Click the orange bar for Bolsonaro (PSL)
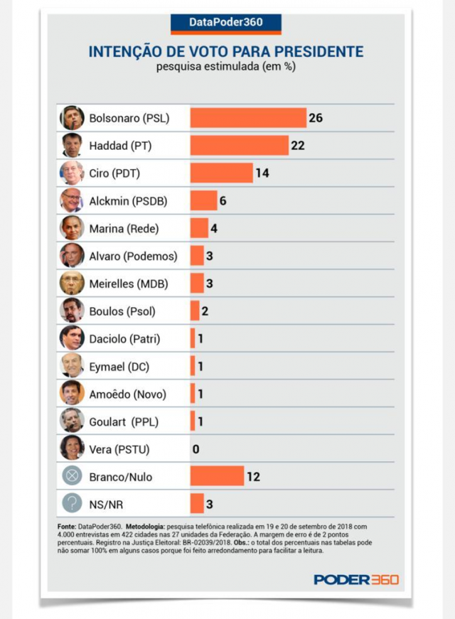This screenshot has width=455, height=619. click(x=247, y=117)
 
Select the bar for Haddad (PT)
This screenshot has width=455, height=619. click(x=239, y=145)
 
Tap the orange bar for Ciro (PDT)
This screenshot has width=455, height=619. click(x=221, y=173)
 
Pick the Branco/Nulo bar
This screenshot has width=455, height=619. click(x=217, y=476)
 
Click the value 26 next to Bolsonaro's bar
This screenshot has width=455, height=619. click(x=316, y=117)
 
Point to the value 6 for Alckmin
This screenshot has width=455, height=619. click(x=223, y=200)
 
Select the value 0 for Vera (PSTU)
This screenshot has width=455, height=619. click(x=196, y=449)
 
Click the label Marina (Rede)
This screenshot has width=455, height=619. click(x=124, y=228)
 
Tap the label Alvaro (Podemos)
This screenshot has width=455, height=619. click(x=133, y=256)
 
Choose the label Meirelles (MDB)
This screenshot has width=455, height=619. click(x=129, y=284)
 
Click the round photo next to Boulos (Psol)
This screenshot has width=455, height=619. click(x=72, y=311)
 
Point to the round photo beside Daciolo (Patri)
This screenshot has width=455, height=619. click(x=72, y=338)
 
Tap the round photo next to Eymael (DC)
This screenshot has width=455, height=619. click(x=72, y=366)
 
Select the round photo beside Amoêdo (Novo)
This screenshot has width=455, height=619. click(x=72, y=393)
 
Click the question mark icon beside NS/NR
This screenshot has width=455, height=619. click(x=72, y=504)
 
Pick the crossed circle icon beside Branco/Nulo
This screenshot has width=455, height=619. click(x=72, y=476)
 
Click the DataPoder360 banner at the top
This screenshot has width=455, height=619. click(x=226, y=22)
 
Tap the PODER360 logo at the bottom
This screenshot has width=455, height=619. click(x=356, y=579)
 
